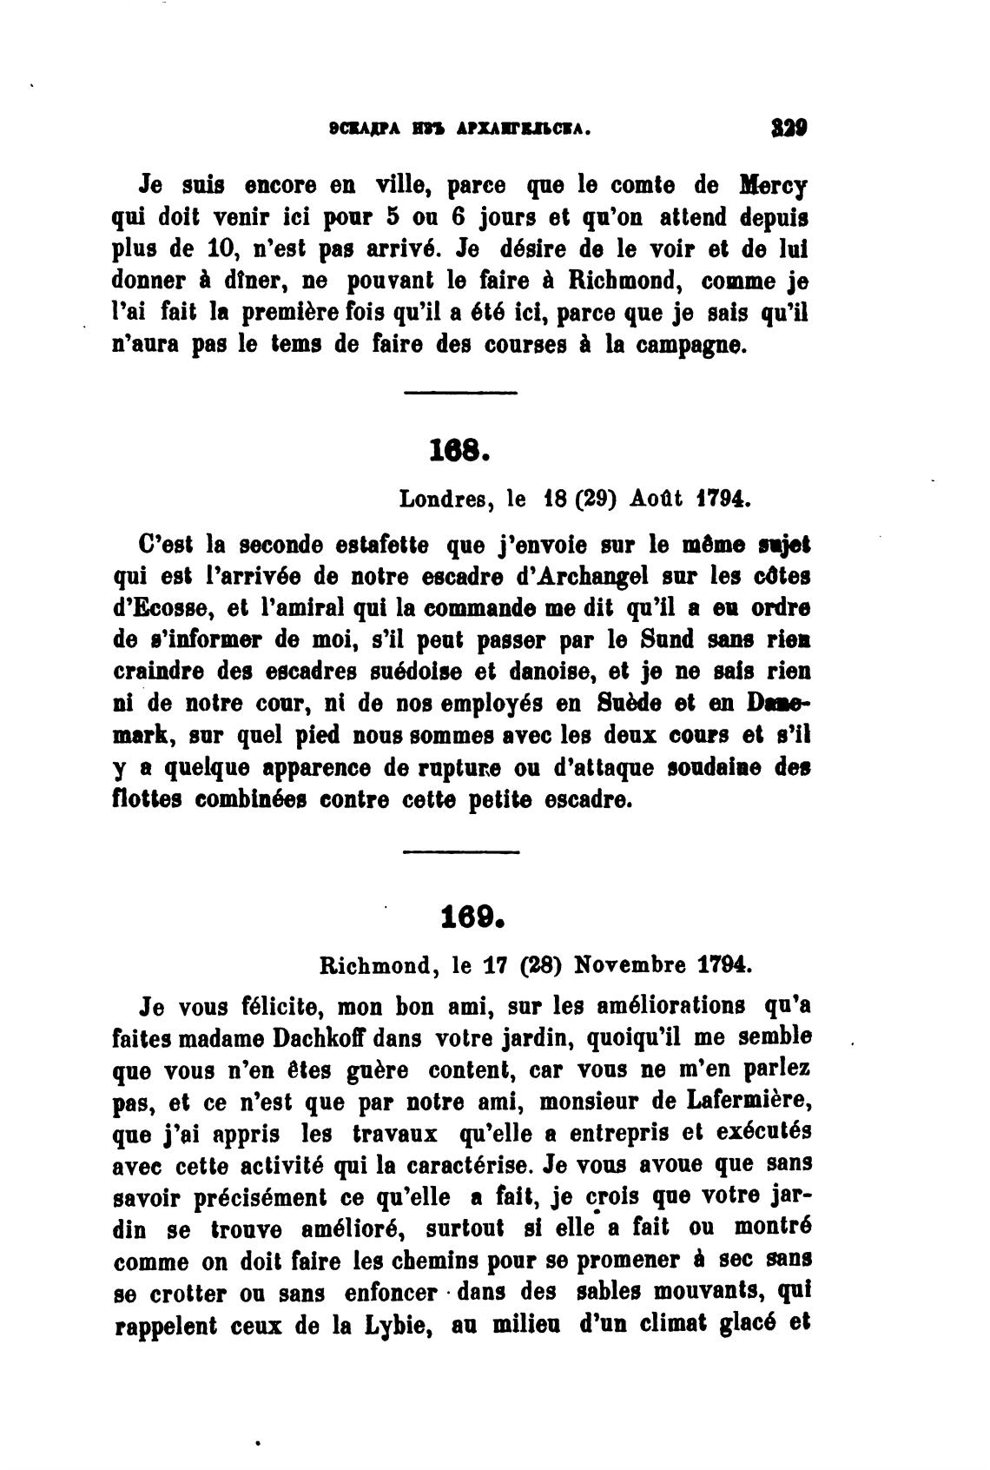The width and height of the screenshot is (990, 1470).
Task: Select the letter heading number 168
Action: [x=461, y=450]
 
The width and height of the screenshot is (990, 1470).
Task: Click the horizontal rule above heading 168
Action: [x=461, y=394]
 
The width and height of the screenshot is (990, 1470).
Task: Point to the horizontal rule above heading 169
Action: [x=461, y=851]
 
